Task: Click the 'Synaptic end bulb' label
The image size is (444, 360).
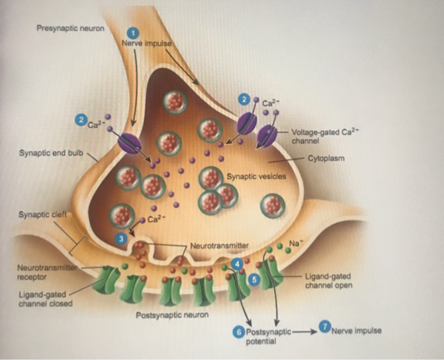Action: point(48,152)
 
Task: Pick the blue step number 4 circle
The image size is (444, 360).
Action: point(237,262)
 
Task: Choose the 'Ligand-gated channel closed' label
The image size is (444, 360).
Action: point(45,299)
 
